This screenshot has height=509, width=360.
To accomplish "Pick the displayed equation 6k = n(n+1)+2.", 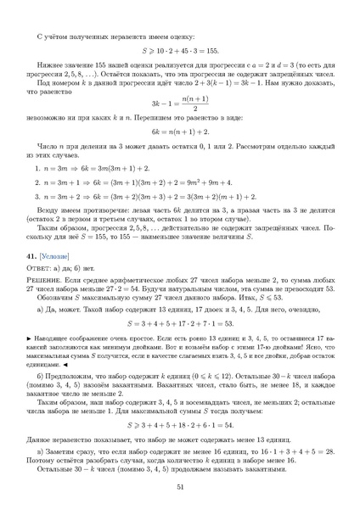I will click(x=180, y=135).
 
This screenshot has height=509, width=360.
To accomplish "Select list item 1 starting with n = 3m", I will click(x=102, y=170).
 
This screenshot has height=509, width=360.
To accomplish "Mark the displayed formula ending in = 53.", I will click(x=180, y=322).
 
